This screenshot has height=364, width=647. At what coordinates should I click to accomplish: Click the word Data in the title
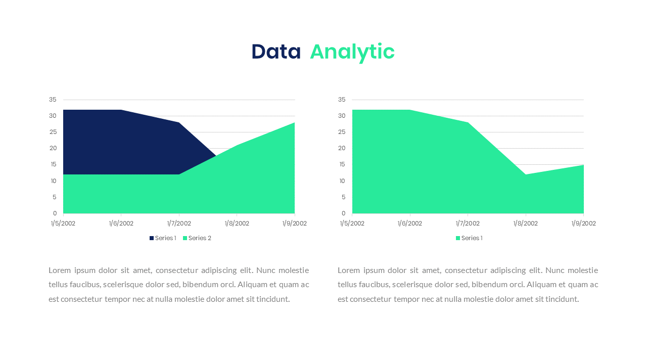276,52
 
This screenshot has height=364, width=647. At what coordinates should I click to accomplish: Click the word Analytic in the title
352,53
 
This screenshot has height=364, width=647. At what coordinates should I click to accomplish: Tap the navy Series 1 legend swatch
151,238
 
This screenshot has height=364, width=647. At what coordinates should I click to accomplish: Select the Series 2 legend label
200,238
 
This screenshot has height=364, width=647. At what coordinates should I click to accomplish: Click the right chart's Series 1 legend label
472,238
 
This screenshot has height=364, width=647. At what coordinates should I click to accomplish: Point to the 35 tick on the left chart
53,100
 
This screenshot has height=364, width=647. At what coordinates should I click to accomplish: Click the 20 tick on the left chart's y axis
53,148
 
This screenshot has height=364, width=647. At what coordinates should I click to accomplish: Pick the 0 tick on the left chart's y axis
55,213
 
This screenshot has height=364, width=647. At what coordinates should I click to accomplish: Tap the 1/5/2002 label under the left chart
63,223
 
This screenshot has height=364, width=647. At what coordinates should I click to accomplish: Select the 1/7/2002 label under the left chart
179,223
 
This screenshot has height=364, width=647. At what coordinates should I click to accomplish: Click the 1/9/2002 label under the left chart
294,223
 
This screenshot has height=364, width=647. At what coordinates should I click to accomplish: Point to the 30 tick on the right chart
342,116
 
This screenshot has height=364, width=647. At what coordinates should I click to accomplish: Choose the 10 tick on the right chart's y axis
342,181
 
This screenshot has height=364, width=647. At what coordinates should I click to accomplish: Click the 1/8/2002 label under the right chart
525,223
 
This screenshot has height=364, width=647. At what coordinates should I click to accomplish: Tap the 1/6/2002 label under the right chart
409,223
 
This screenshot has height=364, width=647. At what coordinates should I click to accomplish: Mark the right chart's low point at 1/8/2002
526,174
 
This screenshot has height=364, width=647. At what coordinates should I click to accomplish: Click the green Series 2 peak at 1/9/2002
294,122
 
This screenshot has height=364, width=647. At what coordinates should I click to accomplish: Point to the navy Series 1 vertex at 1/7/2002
179,122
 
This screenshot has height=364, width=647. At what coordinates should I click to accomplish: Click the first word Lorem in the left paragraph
59,270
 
